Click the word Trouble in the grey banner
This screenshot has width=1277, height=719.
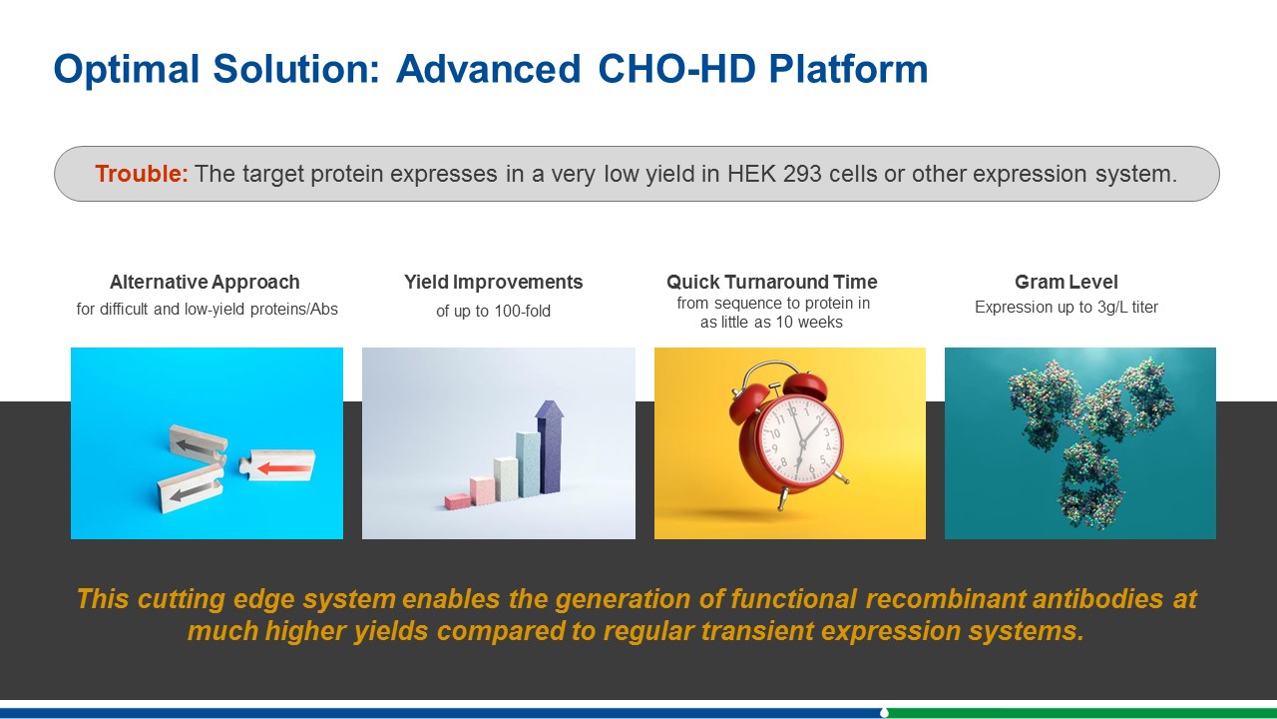(142, 174)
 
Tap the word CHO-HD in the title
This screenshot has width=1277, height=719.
(676, 69)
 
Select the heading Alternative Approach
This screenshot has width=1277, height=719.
(205, 282)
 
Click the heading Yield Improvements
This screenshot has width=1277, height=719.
(493, 282)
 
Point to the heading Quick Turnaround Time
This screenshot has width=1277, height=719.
(771, 282)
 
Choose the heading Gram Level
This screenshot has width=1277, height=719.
(1066, 282)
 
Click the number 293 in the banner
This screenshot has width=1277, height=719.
(802, 174)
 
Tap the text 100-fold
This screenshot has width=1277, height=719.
(522, 311)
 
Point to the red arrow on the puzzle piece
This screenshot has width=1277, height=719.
(284, 468)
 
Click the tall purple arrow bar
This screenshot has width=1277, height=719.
(550, 446)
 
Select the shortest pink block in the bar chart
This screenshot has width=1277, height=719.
(458, 501)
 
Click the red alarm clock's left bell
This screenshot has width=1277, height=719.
(748, 402)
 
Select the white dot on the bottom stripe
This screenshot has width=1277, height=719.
(884, 712)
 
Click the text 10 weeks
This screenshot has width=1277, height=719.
(809, 323)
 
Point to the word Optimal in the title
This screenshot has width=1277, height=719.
(127, 69)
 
